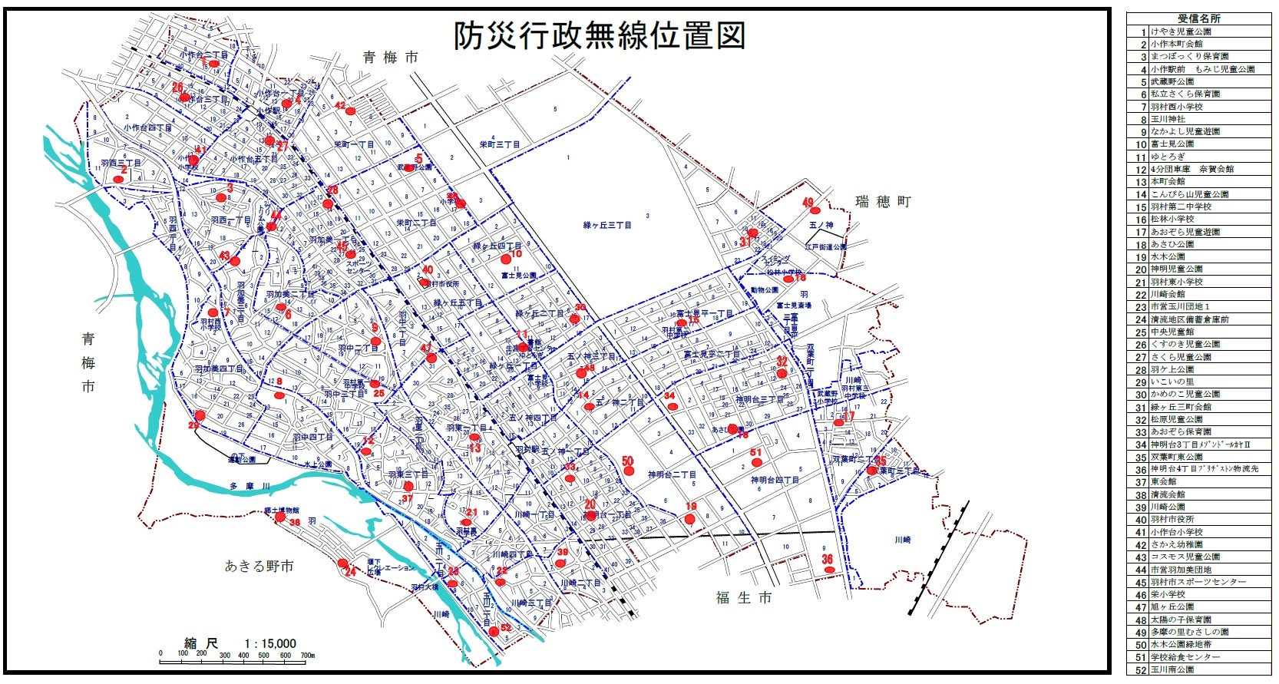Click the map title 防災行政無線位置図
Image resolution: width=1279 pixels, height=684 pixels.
pos(598,35)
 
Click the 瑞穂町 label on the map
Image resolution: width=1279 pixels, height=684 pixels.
pos(883,202)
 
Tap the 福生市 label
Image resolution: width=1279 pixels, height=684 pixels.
pos(743,597)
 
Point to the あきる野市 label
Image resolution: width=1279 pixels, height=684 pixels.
pos(259,567)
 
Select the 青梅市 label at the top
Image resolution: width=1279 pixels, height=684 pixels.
pos(391,58)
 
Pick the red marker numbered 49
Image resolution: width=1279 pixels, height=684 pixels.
pos(815,210)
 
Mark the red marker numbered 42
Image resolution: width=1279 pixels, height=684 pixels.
pos(350,111)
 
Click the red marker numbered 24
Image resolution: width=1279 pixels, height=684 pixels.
pos(342,563)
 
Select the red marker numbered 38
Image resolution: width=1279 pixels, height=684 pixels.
pos(280,517)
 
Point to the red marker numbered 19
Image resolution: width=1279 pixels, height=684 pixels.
pos(689,519)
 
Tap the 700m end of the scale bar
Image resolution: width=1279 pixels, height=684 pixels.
pos(307,654)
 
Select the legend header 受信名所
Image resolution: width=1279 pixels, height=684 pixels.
pos(1198,18)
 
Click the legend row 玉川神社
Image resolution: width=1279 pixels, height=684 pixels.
pos(1168,119)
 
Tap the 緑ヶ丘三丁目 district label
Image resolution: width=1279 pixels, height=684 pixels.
pos(606,225)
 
